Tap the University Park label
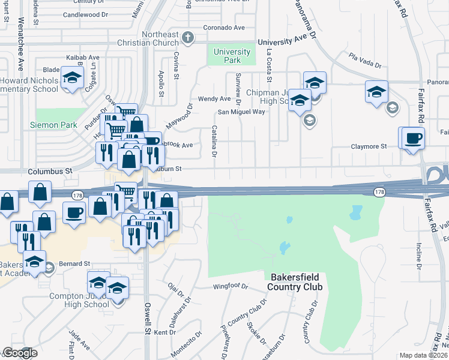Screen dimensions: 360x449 (x=228, y=56)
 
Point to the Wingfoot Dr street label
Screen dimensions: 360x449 (x=231, y=287)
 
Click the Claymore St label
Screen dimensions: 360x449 (x=369, y=146)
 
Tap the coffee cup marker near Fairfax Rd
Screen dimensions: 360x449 (x=412, y=139)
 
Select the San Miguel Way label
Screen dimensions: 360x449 (x=241, y=112)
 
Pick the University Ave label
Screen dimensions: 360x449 (x=286, y=41)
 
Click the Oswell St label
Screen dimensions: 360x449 (x=148, y=318)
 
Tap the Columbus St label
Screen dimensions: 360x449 (x=50, y=171)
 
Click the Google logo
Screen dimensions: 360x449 (x=20, y=353)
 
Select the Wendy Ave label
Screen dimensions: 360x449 (x=214, y=98)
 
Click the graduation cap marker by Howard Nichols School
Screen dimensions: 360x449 (x=72, y=79)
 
